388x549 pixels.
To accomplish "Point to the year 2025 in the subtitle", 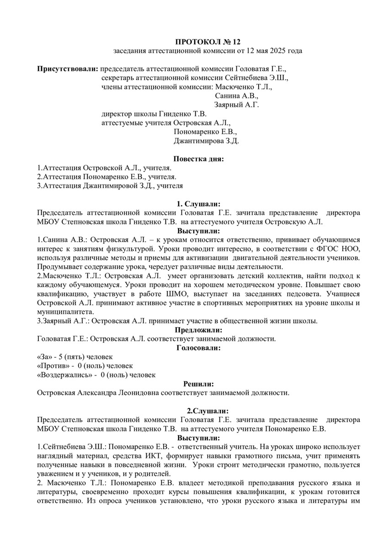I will pyautogui.click(x=268, y=50).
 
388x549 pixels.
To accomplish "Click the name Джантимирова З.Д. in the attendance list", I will pyautogui.click(x=207, y=141).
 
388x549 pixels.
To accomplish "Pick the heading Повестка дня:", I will pyautogui.click(x=198, y=159).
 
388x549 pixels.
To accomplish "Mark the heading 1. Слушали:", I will pyautogui.click(x=198, y=204).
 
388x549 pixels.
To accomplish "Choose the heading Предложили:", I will pyautogui.click(x=198, y=329).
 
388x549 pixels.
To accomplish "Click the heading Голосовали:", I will pyautogui.click(x=198, y=348).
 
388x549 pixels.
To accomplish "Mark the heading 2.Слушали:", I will pyautogui.click(x=198, y=410).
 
